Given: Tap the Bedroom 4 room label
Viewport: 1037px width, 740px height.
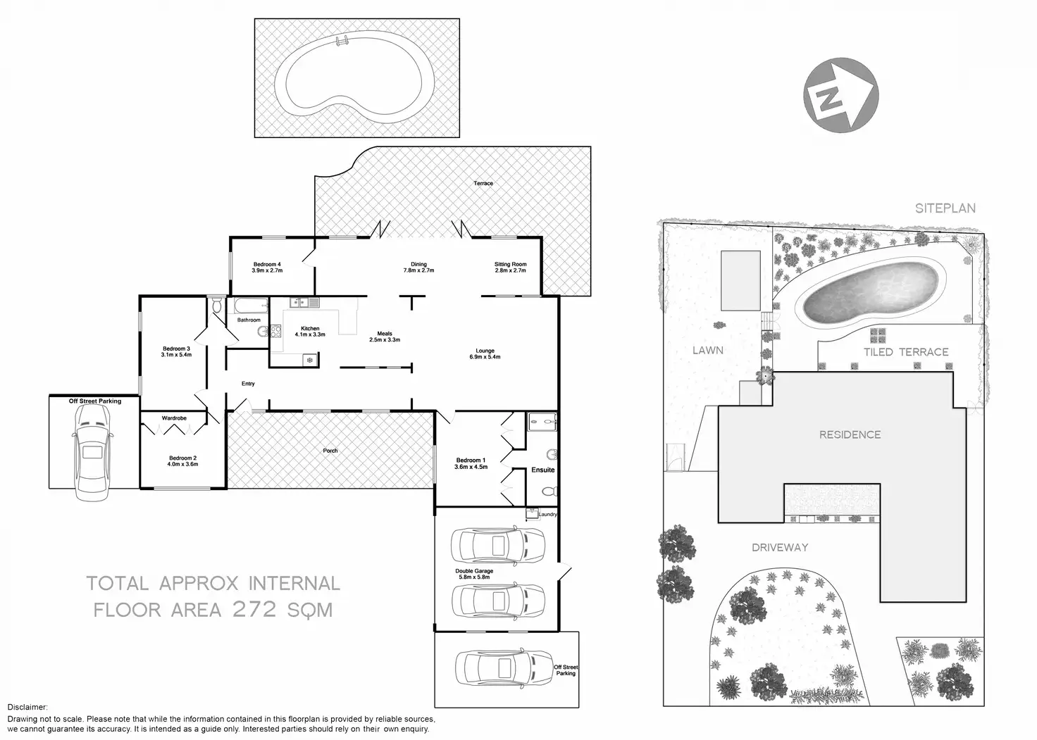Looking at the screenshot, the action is pyautogui.click(x=267, y=267).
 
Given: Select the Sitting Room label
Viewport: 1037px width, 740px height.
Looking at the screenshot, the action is pyautogui.click(x=510, y=267).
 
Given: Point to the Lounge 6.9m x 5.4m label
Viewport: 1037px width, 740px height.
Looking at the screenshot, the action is pyautogui.click(x=485, y=353).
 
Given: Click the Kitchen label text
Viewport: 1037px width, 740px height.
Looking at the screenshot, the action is pyautogui.click(x=310, y=328).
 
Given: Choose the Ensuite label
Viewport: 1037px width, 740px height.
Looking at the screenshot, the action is pyautogui.click(x=542, y=470).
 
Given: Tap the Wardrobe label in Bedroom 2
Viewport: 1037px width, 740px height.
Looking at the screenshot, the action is pyautogui.click(x=174, y=418).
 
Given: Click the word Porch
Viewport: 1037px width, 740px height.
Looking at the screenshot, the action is pyautogui.click(x=330, y=451).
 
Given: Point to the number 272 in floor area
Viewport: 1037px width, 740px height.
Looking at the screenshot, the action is pyautogui.click(x=254, y=609).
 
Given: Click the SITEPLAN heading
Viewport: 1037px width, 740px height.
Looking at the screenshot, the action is pyautogui.click(x=945, y=208).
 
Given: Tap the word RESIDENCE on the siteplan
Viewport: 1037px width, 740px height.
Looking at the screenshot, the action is pyautogui.click(x=850, y=434).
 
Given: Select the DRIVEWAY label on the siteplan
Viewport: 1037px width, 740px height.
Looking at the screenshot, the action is pyautogui.click(x=780, y=548).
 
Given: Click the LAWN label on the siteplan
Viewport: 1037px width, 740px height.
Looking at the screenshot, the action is pyautogui.click(x=708, y=351).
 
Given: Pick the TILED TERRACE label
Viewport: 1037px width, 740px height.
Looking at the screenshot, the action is pyautogui.click(x=906, y=352).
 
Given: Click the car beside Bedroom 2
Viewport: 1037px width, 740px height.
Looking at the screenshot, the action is pyautogui.click(x=93, y=453).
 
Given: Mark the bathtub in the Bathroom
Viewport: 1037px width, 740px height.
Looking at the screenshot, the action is pyautogui.click(x=251, y=306).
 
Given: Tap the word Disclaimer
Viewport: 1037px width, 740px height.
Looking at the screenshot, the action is pyautogui.click(x=27, y=707).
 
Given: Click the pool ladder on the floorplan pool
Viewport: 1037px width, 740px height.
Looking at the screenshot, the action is pyautogui.click(x=342, y=41).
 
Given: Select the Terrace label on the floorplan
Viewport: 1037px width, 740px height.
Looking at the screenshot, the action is pyautogui.click(x=483, y=183).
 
